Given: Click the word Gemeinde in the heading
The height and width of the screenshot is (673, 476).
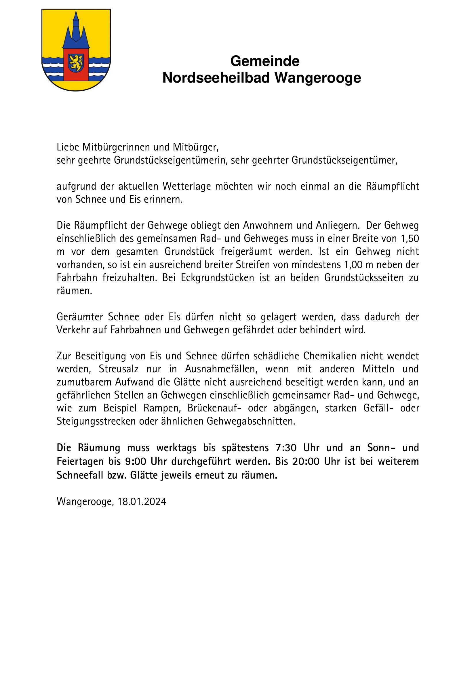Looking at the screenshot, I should coord(265,62).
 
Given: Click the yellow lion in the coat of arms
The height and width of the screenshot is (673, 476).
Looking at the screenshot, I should coord(76,62).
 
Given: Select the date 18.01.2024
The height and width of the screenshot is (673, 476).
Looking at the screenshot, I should coord(142,502).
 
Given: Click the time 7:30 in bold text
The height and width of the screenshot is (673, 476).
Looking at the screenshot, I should coord(286,448).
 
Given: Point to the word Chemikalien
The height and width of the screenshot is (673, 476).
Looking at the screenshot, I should coord(330,356).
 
